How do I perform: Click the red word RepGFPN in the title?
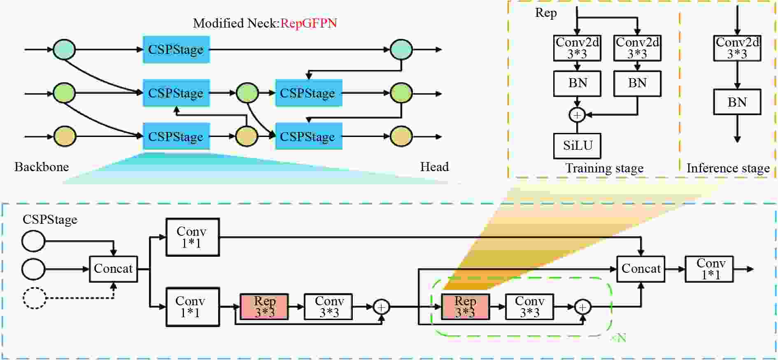(309, 23)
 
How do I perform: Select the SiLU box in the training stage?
(577, 146)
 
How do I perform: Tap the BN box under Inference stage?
(737, 102)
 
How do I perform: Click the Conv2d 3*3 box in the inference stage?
(737, 48)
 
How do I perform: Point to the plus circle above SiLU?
(577, 115)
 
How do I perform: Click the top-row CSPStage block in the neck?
(176, 49)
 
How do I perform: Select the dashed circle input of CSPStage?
(34, 297)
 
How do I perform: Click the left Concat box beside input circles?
(113, 269)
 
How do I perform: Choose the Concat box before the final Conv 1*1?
(641, 269)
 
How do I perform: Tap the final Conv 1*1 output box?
(709, 269)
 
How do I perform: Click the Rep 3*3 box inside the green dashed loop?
(465, 307)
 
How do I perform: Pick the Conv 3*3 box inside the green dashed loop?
(529, 307)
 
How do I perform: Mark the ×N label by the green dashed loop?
(619, 338)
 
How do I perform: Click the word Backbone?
(42, 167)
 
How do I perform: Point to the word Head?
(434, 167)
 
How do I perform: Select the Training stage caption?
(604, 168)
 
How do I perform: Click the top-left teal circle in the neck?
(64, 49)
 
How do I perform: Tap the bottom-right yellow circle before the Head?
(401, 136)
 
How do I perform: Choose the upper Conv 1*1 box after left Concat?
(192, 237)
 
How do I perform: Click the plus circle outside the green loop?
(382, 307)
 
